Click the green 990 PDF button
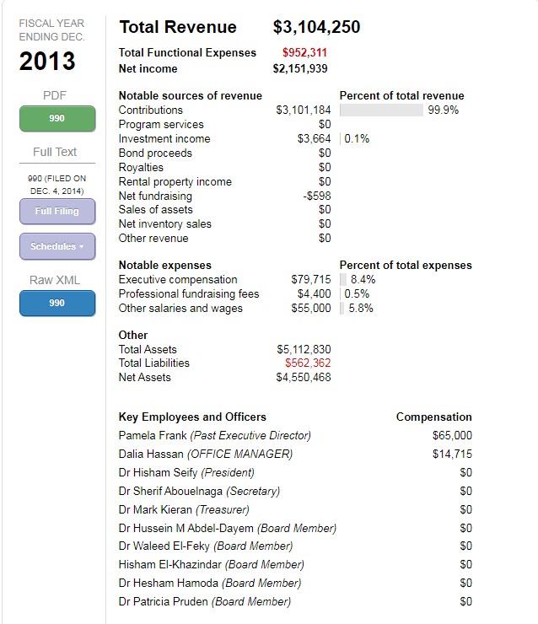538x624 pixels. coord(56,118)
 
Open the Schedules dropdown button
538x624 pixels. coord(56,246)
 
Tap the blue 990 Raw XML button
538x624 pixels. coord(56,303)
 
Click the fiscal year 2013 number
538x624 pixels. coord(47,62)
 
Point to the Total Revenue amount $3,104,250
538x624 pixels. coord(316,27)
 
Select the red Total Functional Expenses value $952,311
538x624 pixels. coord(304,52)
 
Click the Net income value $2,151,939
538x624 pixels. coord(300,68)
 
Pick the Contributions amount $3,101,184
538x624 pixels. coord(304,110)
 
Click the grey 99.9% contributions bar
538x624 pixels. coord(381,110)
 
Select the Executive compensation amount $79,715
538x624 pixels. coord(311,280)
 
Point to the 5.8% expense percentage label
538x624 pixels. coord(361,309)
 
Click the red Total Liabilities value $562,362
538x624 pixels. coord(308,363)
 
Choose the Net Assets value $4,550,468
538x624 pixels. coord(304,378)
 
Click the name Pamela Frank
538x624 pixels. coord(153,436)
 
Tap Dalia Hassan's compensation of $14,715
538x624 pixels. coord(452,455)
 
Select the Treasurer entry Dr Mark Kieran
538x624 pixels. coord(155,510)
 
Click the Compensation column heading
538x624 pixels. coord(433,417)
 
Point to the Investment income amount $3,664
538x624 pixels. coord(314,139)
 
